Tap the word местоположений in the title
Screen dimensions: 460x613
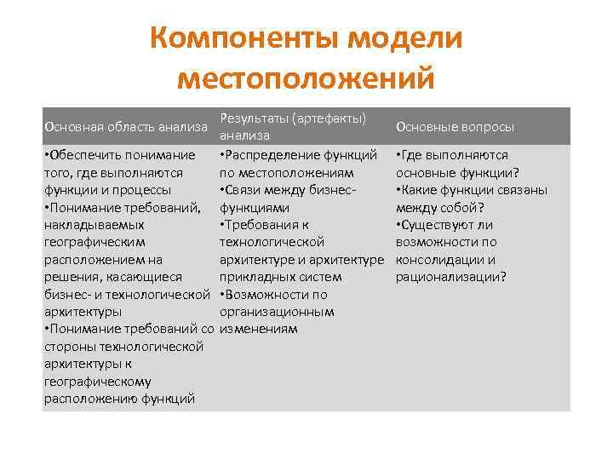click(x=306, y=78)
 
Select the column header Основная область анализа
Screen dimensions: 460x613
click(x=125, y=127)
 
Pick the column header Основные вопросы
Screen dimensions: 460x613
click(x=455, y=127)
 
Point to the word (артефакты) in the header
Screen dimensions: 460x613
click(x=327, y=118)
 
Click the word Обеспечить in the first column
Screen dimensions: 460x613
click(x=85, y=155)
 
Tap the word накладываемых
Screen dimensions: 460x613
click(x=94, y=225)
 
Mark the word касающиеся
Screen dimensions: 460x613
click(x=141, y=277)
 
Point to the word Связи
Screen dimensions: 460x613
click(x=245, y=190)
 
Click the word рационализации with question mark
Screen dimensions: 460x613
click(x=450, y=277)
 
